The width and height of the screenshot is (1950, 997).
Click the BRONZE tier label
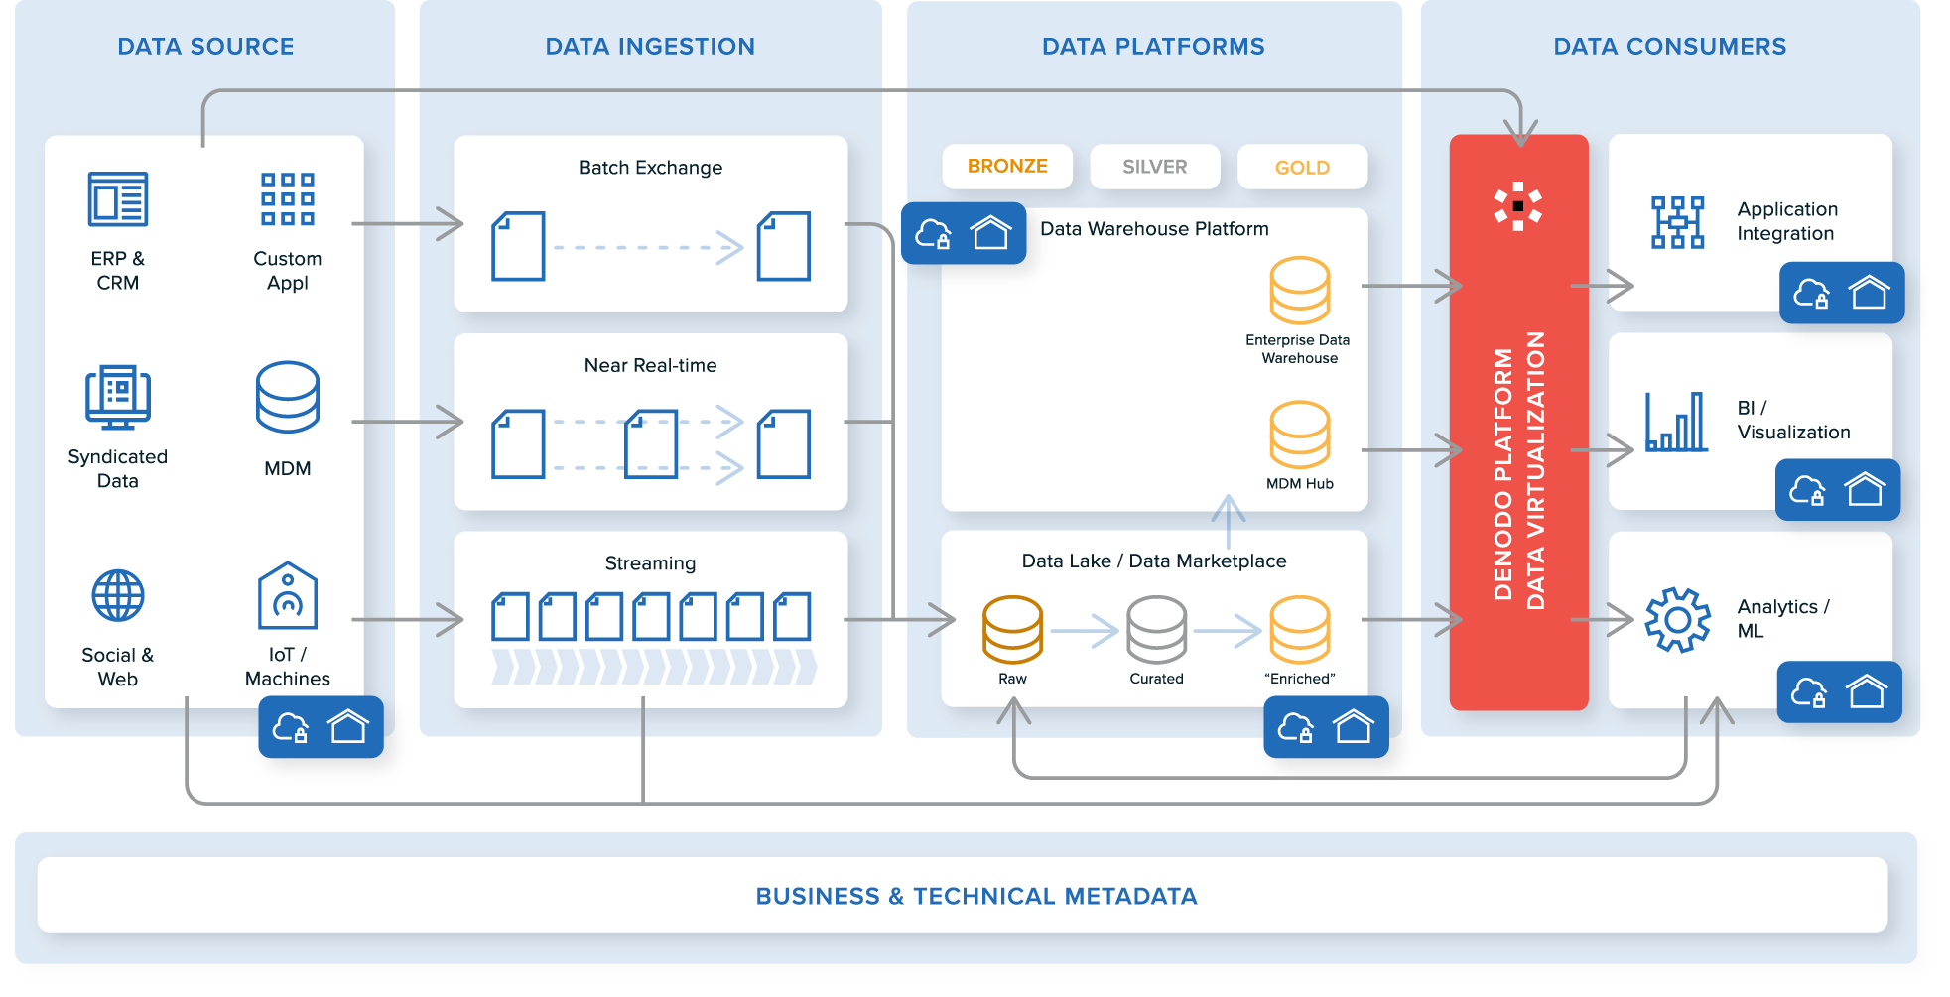(x=1007, y=167)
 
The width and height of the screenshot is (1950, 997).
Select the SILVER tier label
(x=1154, y=167)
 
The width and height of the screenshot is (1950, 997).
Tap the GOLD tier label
(x=1302, y=168)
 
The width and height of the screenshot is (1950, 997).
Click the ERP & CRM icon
(x=118, y=199)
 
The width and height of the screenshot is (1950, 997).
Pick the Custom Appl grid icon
(x=288, y=199)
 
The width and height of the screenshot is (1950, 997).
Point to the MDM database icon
(x=288, y=397)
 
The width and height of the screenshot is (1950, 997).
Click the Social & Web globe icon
(x=118, y=595)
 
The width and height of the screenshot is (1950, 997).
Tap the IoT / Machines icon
(x=288, y=596)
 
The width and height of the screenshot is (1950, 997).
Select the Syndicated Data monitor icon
(x=118, y=397)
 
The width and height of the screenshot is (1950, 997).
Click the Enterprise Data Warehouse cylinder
(x=1300, y=291)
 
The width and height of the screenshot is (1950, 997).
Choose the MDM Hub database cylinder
(x=1300, y=435)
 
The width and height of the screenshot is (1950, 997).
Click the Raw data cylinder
(x=1012, y=629)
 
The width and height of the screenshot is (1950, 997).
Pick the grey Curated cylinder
(x=1156, y=629)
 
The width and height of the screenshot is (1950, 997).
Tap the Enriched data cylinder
(x=1300, y=629)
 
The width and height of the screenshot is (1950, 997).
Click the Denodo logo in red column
(x=1517, y=206)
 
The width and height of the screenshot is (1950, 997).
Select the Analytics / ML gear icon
(x=1677, y=620)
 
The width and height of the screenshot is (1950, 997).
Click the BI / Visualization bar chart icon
(x=1676, y=422)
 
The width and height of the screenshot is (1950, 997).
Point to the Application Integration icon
(x=1677, y=222)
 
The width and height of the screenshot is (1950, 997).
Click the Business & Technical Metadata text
(x=975, y=896)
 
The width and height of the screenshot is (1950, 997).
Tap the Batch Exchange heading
(x=650, y=168)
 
